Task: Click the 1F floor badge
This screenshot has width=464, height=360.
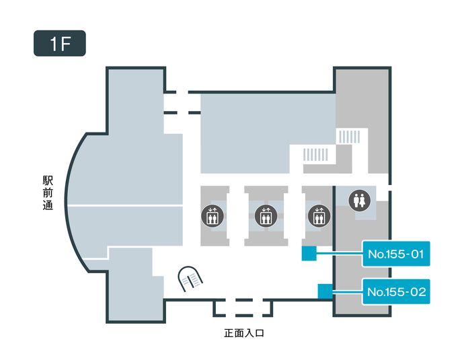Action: pyautogui.click(x=60, y=42)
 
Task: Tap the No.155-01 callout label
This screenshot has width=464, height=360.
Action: pyautogui.click(x=396, y=254)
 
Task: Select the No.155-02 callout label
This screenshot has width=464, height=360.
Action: pyautogui.click(x=396, y=292)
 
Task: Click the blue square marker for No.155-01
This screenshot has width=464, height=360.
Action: pyautogui.click(x=309, y=254)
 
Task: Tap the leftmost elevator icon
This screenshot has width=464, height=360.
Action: pyautogui.click(x=211, y=216)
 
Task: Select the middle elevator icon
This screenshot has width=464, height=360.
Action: pyautogui.click(x=266, y=216)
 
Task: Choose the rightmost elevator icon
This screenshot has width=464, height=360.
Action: pyautogui.click(x=318, y=216)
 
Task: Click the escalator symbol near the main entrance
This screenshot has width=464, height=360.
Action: pyautogui.click(x=190, y=277)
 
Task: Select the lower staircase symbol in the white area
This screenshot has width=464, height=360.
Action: pyautogui.click(x=315, y=155)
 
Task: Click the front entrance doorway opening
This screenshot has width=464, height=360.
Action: pyautogui.click(x=243, y=307)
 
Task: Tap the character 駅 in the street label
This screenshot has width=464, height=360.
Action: pyautogui.click(x=48, y=180)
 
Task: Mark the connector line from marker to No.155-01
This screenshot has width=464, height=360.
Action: pyautogui.click(x=340, y=254)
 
